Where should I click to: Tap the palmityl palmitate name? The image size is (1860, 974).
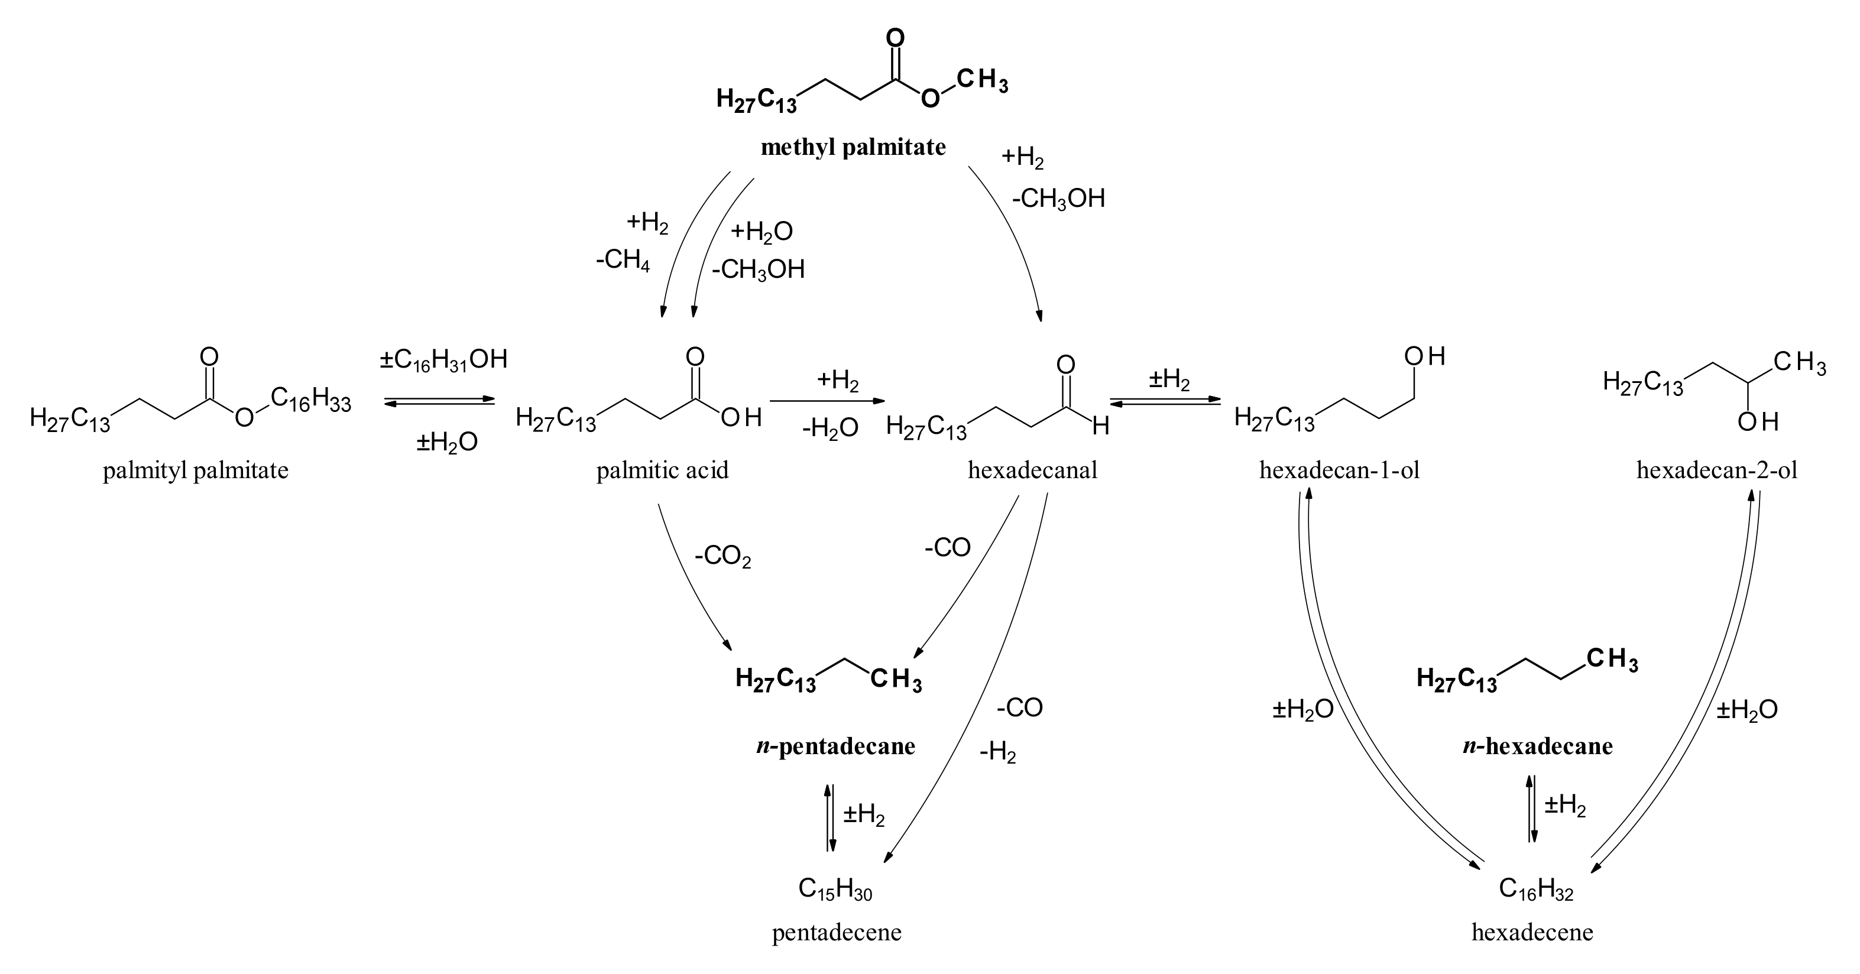point(196,471)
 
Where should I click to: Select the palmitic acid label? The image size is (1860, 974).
point(662,471)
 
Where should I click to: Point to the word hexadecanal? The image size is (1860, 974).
point(1032,471)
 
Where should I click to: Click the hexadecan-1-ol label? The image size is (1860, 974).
point(1339,471)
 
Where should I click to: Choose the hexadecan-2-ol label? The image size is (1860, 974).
point(1717,471)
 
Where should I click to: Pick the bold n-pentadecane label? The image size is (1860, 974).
point(835,746)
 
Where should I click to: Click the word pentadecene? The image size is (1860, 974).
point(837,932)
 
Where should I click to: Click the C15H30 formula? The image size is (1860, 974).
point(835,889)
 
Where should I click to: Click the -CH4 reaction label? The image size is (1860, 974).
point(623,261)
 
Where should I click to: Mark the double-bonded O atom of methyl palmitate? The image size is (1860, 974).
point(895,38)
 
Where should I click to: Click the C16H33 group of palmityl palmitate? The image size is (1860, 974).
point(311,398)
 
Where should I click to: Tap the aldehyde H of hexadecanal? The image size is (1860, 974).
point(1100,427)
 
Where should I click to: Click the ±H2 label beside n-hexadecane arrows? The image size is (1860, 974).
point(1566,805)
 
